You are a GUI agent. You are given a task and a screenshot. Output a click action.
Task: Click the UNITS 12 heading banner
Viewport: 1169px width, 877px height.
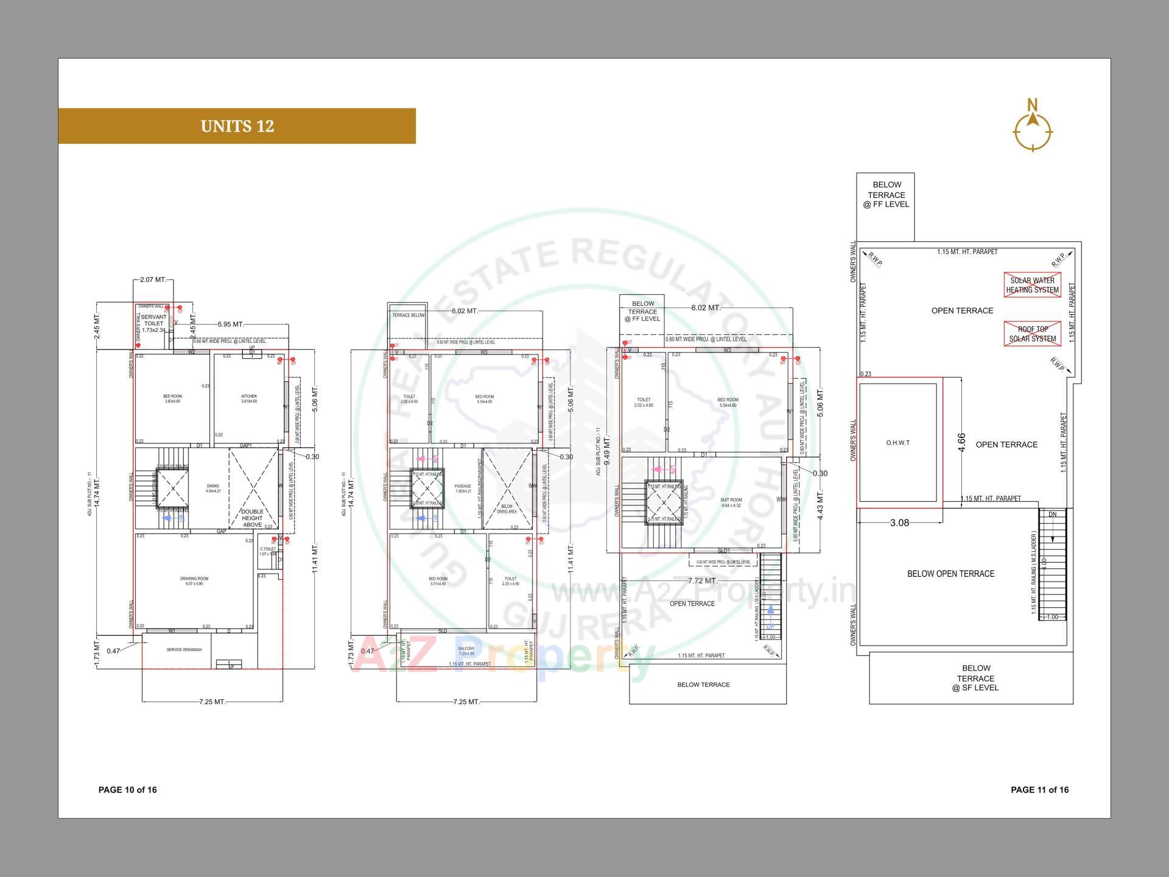point(237,126)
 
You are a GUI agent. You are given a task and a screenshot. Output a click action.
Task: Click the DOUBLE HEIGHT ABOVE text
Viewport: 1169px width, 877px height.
point(252,518)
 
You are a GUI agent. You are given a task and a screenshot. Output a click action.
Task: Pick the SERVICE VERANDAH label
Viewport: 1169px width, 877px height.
point(184,650)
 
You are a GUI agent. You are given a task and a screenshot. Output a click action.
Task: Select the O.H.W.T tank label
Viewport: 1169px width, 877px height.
point(897,443)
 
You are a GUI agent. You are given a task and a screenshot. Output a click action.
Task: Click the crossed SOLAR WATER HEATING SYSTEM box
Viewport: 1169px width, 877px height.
point(1032,285)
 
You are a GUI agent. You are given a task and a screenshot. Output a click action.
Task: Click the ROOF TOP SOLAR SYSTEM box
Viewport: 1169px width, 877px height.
point(1032,334)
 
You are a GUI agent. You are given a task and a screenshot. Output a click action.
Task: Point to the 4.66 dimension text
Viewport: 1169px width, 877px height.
point(961,442)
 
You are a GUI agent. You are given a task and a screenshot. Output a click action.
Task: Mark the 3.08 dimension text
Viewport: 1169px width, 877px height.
point(899,523)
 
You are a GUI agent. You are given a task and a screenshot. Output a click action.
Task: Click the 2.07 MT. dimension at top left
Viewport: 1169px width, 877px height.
point(153,280)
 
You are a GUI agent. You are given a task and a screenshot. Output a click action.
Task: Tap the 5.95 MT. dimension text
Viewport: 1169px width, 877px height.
point(230,325)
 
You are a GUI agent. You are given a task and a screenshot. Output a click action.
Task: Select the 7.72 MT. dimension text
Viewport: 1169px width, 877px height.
point(703,580)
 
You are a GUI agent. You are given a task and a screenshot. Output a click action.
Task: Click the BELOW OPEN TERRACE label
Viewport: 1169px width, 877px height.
point(950,574)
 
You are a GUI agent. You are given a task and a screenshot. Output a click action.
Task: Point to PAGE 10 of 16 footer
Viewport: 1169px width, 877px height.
point(127,790)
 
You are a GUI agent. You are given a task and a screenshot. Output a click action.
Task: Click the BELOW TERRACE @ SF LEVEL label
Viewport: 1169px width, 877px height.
point(976,678)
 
